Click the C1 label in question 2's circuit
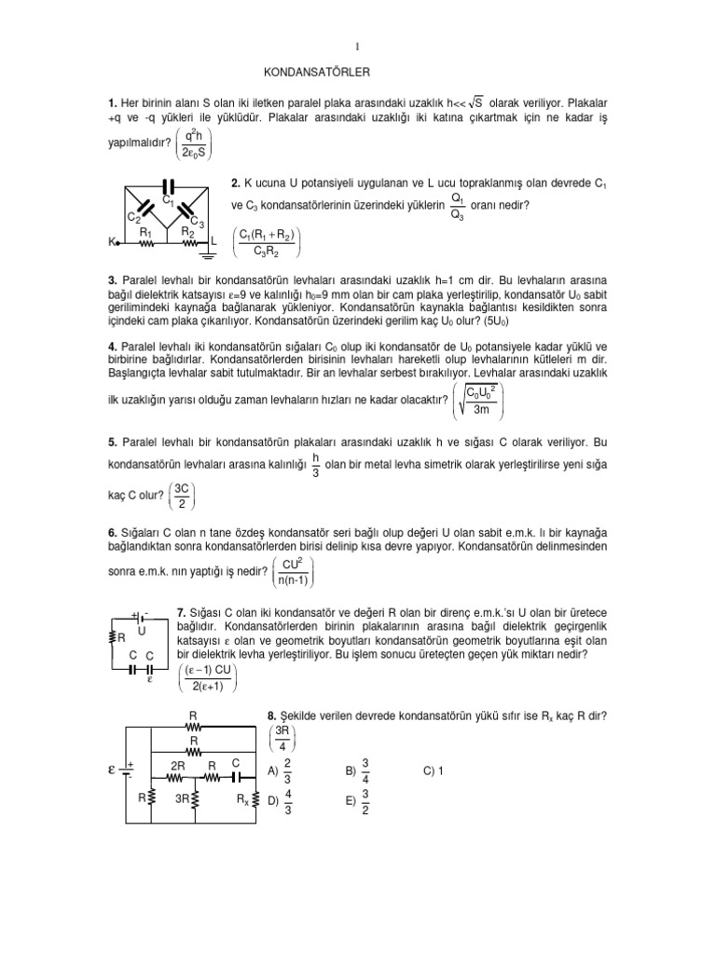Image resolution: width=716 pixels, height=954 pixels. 168,199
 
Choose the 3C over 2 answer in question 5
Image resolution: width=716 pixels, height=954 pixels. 183,496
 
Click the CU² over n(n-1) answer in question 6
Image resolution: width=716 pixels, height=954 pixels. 287,572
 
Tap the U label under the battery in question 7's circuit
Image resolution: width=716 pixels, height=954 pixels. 142,630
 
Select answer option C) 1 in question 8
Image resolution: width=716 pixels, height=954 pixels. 434,770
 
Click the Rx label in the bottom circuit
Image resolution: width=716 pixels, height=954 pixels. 241,798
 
